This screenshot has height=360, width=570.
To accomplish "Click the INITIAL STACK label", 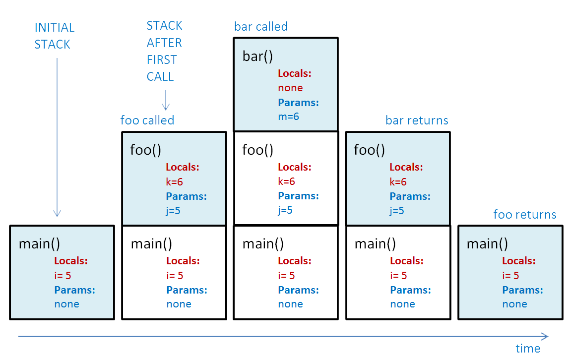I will pyautogui.click(x=54, y=36).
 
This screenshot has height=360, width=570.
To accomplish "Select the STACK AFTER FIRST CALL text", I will pyautogui.click(x=164, y=51).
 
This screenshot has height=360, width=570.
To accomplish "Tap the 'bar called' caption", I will pyautogui.click(x=260, y=26).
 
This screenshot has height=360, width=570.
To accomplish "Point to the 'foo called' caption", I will pyautogui.click(x=147, y=120).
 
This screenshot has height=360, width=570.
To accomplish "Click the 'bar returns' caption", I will pyautogui.click(x=417, y=120).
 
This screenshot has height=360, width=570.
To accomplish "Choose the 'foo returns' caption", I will pyautogui.click(x=524, y=215).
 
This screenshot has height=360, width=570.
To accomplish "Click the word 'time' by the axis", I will pyautogui.click(x=527, y=349).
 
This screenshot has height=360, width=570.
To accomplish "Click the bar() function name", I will pyautogui.click(x=257, y=57).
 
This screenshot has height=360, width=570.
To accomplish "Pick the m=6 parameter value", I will pyautogui.click(x=288, y=117).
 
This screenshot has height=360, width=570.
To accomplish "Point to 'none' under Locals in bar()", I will pyautogui.click(x=290, y=88).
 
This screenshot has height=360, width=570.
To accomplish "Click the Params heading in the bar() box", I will pyautogui.click(x=298, y=103).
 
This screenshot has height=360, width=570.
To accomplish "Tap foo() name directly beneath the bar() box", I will pyautogui.click(x=257, y=150).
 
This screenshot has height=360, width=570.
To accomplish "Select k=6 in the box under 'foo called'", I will pyautogui.click(x=175, y=181).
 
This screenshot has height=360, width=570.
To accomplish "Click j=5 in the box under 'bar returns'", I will pyautogui.click(x=397, y=211).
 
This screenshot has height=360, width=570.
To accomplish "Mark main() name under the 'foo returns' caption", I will pyautogui.click(x=487, y=244).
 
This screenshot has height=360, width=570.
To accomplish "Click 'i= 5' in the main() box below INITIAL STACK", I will pyautogui.click(x=63, y=276).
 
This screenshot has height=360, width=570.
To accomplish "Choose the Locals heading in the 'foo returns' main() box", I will pyautogui.click(x=519, y=261).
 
